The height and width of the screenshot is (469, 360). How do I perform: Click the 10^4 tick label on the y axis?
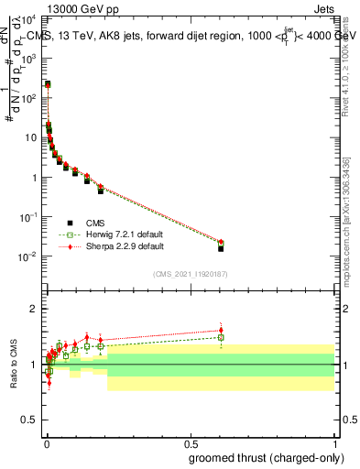point(29,18)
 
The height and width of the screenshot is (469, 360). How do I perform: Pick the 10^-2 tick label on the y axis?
point(29,256)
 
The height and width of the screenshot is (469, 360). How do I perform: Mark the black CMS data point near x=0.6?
point(221,248)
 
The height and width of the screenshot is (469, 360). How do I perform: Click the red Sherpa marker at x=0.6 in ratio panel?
point(221,330)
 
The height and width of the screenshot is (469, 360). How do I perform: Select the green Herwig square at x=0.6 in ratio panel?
point(221,337)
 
